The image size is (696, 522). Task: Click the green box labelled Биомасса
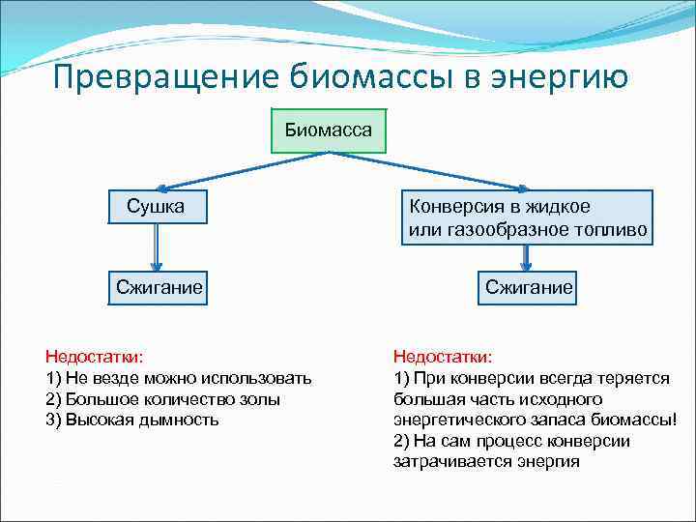[x=329, y=130]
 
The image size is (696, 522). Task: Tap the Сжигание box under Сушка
[x=159, y=286]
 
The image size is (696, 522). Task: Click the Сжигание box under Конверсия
[x=529, y=287]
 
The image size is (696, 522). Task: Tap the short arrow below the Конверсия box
[x=527, y=256]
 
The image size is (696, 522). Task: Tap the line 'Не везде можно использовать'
[x=178, y=378]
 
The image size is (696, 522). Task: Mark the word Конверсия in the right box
[x=451, y=207]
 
